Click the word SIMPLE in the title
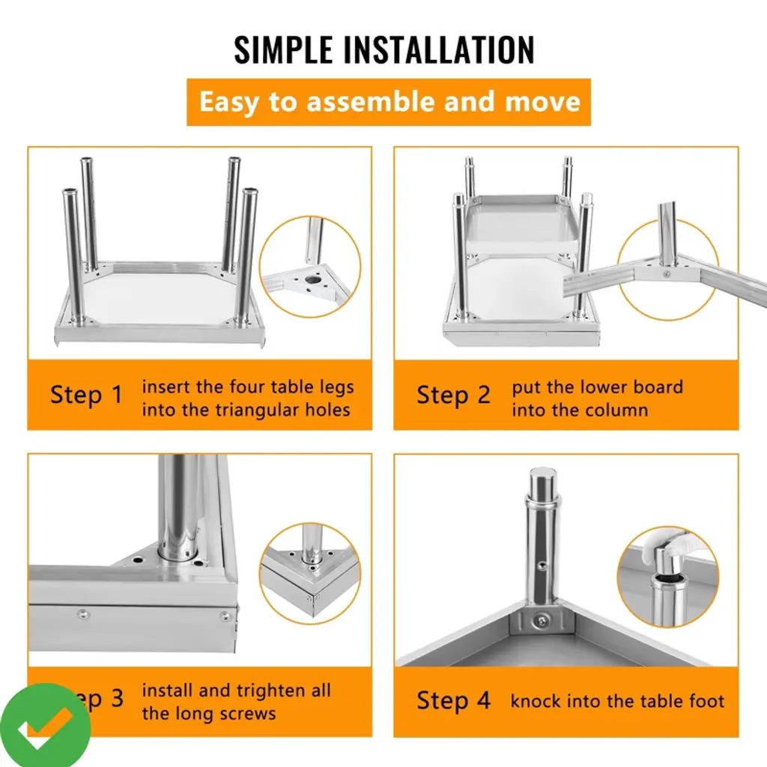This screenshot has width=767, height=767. [283, 49]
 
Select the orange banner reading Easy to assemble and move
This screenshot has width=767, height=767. [389, 102]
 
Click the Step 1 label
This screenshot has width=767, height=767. [86, 395]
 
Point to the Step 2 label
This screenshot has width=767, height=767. [453, 395]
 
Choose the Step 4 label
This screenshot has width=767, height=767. [453, 700]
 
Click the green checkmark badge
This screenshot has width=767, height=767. [46, 725]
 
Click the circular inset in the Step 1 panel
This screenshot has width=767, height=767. [309, 267]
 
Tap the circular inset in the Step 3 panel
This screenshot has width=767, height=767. [309, 573]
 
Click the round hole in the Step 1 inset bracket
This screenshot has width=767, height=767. [313, 281]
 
